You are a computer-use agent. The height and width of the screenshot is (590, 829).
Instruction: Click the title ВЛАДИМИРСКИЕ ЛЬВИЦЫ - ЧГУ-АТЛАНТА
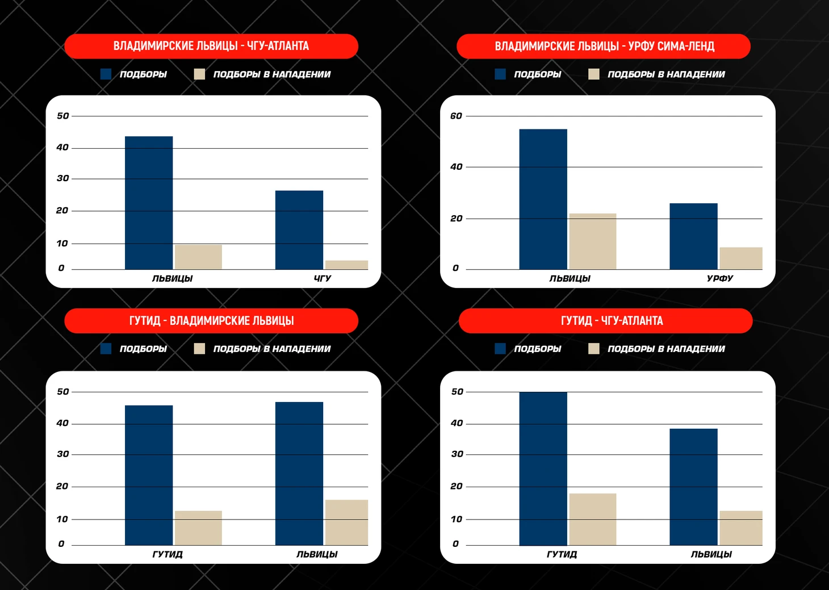pyautogui.click(x=211, y=46)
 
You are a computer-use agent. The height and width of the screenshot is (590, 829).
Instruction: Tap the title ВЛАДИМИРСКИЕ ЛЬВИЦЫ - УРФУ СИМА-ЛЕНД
pyautogui.click(x=604, y=46)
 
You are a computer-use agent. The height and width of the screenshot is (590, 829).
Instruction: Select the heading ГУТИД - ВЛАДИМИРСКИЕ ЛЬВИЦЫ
pyautogui.click(x=211, y=321)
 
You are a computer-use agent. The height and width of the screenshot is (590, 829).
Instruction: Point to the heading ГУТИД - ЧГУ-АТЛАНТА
pyautogui.click(x=612, y=321)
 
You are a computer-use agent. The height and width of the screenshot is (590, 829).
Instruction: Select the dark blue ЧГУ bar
pyautogui.click(x=299, y=230)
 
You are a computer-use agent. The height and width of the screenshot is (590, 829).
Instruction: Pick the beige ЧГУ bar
pyautogui.click(x=346, y=265)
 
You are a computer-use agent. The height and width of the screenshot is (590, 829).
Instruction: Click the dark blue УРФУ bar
pyautogui.click(x=693, y=236)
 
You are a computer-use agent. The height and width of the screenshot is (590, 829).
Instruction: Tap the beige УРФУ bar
pyautogui.click(x=741, y=258)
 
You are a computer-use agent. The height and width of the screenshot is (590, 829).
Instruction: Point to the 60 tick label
pyautogui.click(x=456, y=116)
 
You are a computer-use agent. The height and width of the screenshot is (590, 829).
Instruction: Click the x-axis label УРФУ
pyautogui.click(x=720, y=278)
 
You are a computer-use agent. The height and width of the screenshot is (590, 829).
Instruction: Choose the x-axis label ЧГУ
pyautogui.click(x=322, y=278)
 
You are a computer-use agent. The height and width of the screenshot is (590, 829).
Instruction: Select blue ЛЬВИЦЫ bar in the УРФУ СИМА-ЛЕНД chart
pyautogui.click(x=543, y=199)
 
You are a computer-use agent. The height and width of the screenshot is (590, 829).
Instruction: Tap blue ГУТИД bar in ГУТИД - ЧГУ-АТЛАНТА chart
pyautogui.click(x=543, y=468)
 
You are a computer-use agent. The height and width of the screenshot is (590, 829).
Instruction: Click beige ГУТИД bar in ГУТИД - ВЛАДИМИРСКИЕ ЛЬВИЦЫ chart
pyautogui.click(x=198, y=528)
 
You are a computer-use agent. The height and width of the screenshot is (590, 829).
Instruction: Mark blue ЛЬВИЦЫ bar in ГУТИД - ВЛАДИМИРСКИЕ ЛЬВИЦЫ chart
pyautogui.click(x=299, y=474)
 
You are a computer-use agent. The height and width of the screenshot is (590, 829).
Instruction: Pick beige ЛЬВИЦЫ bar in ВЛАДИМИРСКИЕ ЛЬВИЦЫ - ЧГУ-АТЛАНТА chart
pyautogui.click(x=198, y=257)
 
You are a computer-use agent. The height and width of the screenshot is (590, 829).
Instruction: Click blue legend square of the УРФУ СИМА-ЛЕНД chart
pyautogui.click(x=500, y=74)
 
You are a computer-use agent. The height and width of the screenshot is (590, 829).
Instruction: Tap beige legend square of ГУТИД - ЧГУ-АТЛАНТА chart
pyautogui.click(x=594, y=349)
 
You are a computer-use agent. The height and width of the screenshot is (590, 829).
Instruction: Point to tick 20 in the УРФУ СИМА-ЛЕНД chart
pyautogui.click(x=457, y=219)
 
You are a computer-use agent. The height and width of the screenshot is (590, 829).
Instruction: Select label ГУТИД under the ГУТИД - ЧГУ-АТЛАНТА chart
pyautogui.click(x=562, y=554)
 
